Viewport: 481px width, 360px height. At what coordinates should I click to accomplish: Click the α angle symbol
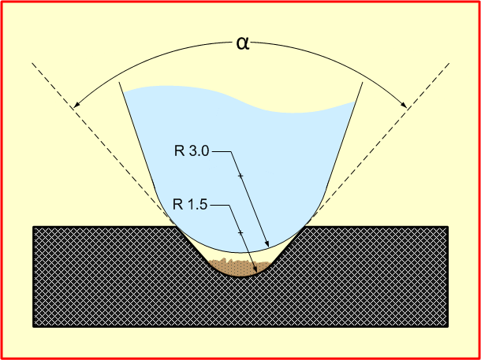(x=244, y=44)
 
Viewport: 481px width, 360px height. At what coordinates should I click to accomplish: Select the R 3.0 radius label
(x=192, y=152)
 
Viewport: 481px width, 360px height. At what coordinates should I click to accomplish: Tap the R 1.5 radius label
(x=190, y=205)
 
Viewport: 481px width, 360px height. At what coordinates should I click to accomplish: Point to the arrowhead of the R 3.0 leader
(x=267, y=244)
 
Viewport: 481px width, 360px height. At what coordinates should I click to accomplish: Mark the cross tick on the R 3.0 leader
(x=240, y=176)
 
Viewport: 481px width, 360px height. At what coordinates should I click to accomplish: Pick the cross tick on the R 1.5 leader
(x=240, y=233)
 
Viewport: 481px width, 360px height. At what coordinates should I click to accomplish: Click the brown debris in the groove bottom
(x=240, y=267)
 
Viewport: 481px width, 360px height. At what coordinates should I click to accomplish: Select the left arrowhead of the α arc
(x=76, y=105)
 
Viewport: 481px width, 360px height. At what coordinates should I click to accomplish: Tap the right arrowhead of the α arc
(x=404, y=105)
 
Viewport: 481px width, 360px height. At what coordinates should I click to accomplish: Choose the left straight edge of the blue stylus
(x=137, y=135)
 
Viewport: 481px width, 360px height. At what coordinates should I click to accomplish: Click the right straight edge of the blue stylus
(x=344, y=135)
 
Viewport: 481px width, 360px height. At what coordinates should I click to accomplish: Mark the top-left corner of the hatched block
(x=33, y=227)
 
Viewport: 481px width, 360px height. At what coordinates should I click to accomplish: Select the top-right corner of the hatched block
(x=448, y=227)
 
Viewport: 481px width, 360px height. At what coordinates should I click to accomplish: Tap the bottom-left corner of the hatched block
(x=33, y=327)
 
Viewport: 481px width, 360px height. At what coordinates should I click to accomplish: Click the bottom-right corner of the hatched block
(x=448, y=327)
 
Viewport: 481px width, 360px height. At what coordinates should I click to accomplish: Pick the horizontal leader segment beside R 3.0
(x=221, y=152)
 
